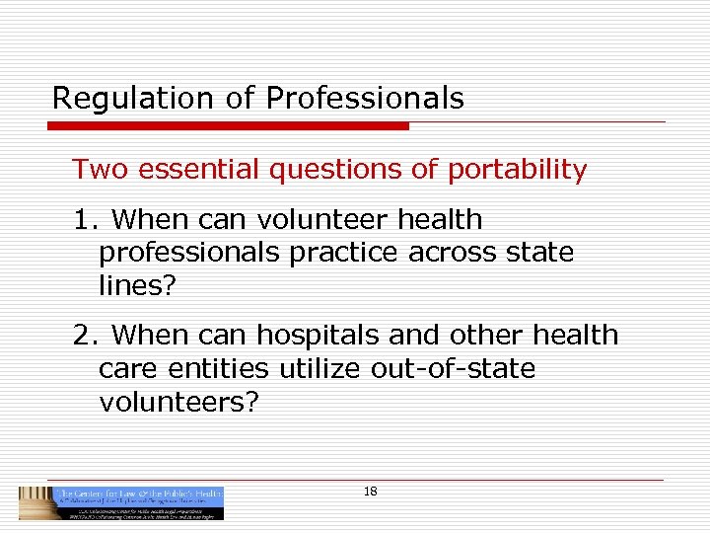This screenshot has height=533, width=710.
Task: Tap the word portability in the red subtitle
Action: tap(517, 170)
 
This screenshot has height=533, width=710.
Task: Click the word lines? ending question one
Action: tap(135, 286)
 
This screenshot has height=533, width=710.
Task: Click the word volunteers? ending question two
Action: tap(178, 403)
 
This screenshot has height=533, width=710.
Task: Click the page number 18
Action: tap(371, 492)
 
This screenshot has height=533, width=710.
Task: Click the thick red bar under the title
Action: tap(231, 126)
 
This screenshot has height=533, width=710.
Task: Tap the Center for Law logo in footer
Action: tap(121, 503)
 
